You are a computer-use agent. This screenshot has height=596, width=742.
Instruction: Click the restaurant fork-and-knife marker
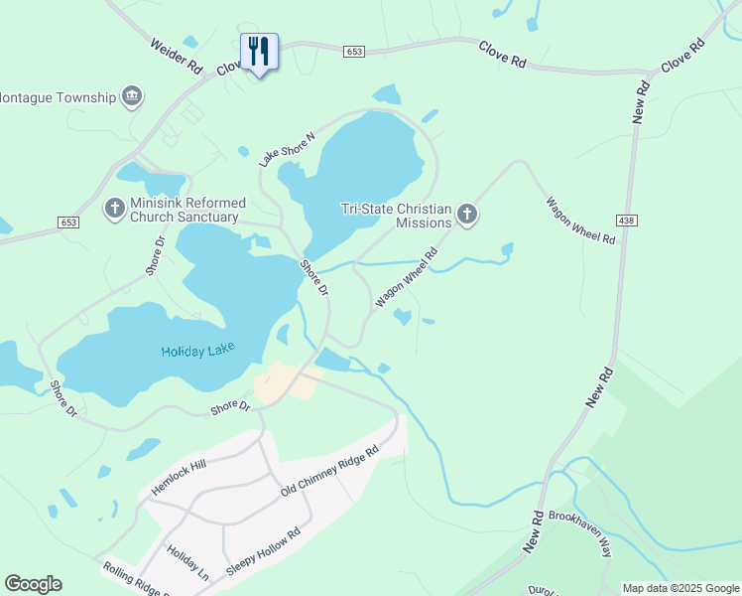pyautogui.click(x=259, y=51)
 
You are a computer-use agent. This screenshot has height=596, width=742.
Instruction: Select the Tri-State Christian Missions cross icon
pyautogui.click(x=467, y=214)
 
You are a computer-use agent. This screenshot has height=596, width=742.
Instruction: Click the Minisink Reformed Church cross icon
pyautogui.click(x=115, y=209)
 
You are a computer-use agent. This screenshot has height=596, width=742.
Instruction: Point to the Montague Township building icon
pyautogui.click(x=132, y=96)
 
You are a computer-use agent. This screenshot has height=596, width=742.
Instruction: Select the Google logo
pyautogui.click(x=33, y=584)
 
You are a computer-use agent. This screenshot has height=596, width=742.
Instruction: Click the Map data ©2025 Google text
pyautogui.click(x=680, y=588)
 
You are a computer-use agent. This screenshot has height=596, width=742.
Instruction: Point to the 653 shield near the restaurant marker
pyautogui.click(x=354, y=51)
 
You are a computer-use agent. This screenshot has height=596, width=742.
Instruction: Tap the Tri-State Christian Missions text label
pyautogui.click(x=396, y=216)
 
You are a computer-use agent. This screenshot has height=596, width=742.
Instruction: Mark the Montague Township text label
pyautogui.click(x=58, y=98)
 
